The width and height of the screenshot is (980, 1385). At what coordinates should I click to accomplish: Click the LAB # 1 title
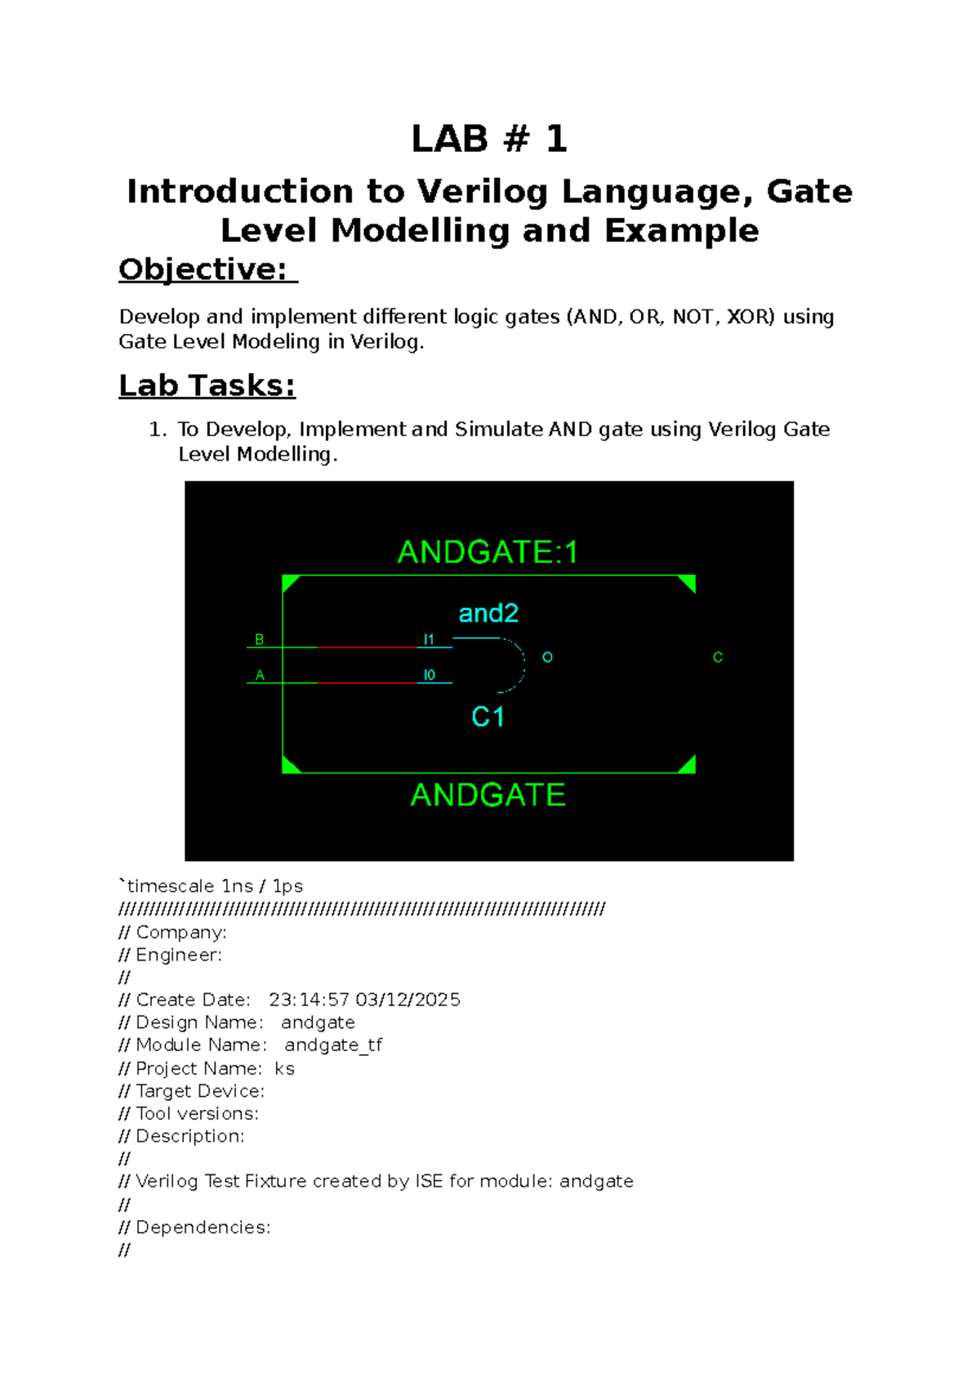point(489,139)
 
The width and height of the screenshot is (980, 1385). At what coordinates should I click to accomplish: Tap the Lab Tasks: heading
point(207,385)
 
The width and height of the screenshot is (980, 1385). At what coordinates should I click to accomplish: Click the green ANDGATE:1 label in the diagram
point(488,553)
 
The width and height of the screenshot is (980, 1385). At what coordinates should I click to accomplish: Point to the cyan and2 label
point(488,613)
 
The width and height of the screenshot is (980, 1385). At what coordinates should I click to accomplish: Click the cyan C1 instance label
point(488,717)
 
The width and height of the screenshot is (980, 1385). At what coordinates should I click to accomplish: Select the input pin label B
point(260,639)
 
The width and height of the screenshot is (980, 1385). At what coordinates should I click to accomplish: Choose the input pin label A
point(260,675)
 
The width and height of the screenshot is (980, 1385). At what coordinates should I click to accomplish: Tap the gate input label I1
point(429,639)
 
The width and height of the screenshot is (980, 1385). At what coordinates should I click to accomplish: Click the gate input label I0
point(429,675)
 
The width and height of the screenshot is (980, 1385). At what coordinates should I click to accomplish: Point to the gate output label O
point(547,657)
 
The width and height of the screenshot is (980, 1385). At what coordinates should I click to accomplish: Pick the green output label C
point(717,657)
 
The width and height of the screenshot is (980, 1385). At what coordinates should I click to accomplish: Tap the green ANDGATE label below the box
point(488,795)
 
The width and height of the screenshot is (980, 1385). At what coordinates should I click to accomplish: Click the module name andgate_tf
point(333,1045)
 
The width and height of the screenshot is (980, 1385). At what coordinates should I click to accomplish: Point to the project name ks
point(284,1069)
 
